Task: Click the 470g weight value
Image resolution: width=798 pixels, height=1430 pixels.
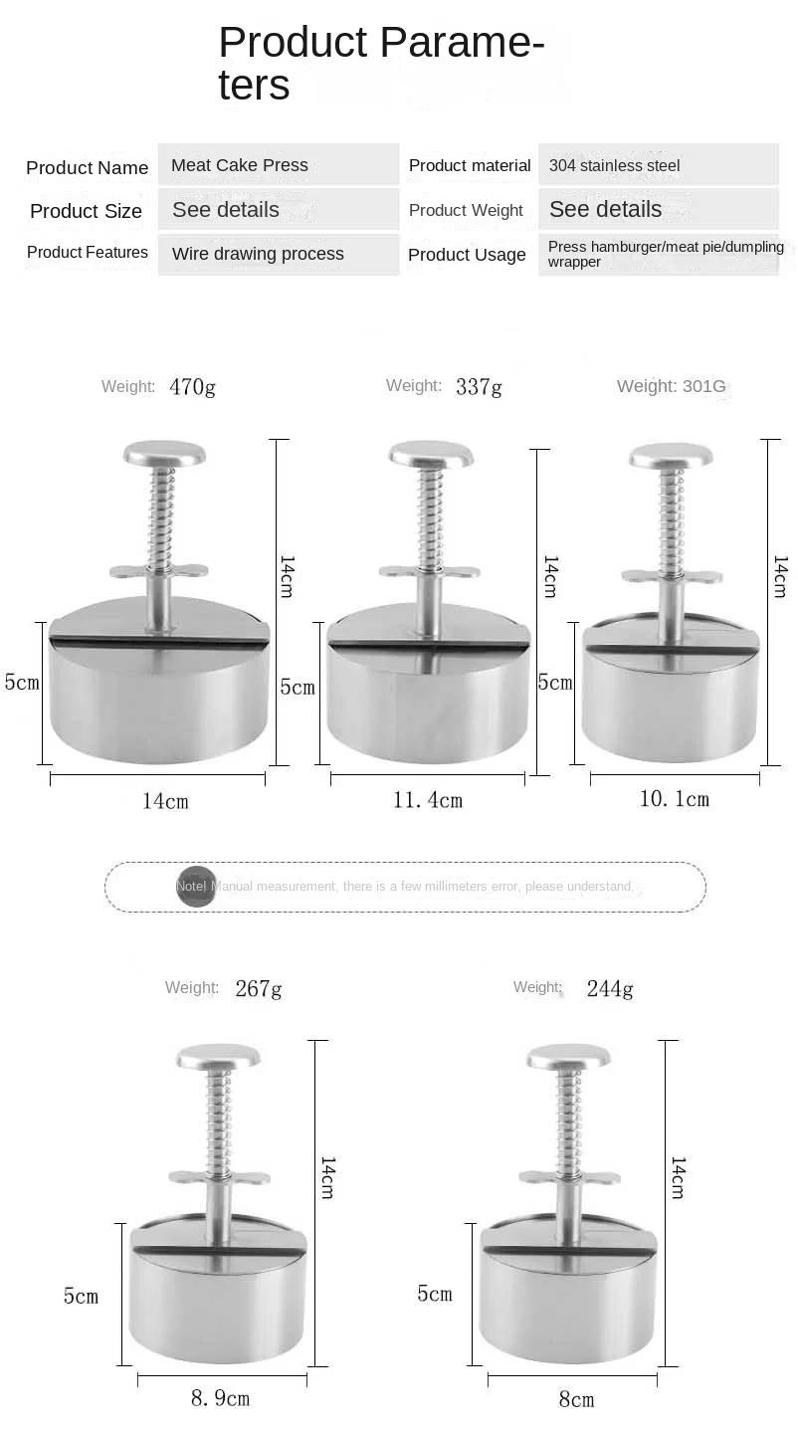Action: (x=192, y=386)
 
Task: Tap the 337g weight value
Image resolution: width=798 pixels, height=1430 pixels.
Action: (x=479, y=386)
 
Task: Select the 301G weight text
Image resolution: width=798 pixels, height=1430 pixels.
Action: (x=703, y=386)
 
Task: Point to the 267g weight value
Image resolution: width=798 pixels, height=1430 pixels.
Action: (x=259, y=988)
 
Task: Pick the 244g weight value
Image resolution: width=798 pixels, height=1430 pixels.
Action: (x=610, y=988)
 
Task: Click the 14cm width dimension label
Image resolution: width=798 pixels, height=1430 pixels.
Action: (x=164, y=801)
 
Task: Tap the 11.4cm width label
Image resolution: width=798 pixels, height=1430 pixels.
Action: (x=428, y=800)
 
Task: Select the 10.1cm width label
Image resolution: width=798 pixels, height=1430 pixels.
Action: (x=674, y=798)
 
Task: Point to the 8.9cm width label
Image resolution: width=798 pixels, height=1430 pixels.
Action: (x=220, y=1398)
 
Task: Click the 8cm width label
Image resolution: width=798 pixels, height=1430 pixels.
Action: (x=576, y=1399)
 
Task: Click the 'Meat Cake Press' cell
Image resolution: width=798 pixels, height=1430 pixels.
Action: (x=240, y=165)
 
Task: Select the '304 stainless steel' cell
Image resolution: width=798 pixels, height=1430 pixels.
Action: (x=615, y=166)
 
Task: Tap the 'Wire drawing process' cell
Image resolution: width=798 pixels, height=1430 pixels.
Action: (x=258, y=254)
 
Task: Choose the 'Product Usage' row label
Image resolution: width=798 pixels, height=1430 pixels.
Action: (x=467, y=255)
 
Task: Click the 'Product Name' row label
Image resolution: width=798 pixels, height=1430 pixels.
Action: (x=87, y=168)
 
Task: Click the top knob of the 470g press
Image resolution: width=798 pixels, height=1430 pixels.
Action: (x=165, y=455)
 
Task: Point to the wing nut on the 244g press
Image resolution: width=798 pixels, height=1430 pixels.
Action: (x=570, y=1177)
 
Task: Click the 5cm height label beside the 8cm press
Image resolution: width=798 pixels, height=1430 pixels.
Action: (x=435, y=1294)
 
